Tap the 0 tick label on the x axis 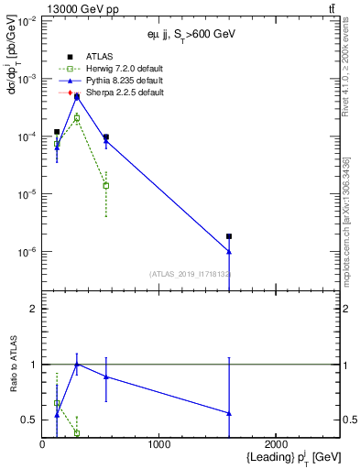click(x=43, y=445)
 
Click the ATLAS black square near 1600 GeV click(x=229, y=236)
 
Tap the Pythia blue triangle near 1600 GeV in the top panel click(x=229, y=251)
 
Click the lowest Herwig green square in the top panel click(x=106, y=186)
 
